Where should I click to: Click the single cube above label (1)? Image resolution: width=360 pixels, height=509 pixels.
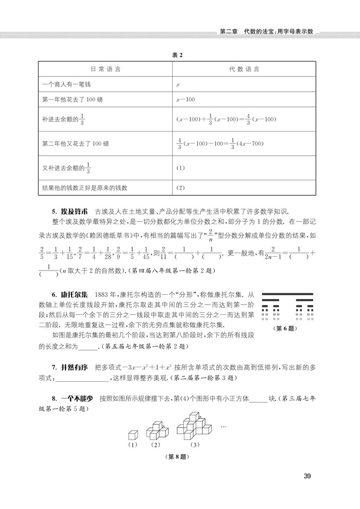(132, 435)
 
